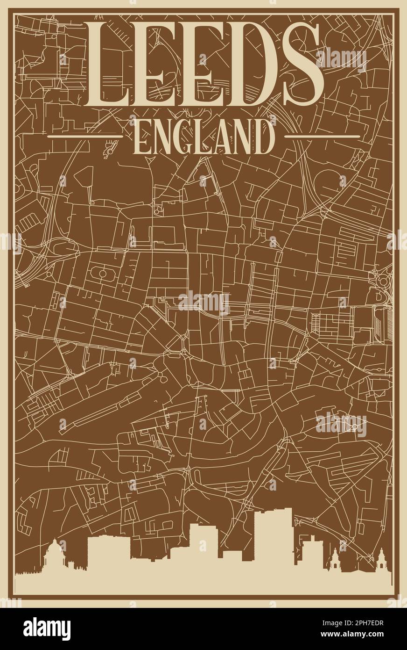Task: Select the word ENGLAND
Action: click(204, 136)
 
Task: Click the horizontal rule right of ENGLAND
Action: click(322, 137)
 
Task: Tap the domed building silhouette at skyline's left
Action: click(55, 555)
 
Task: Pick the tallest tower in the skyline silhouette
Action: click(273, 533)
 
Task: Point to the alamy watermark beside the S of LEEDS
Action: click(341, 60)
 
